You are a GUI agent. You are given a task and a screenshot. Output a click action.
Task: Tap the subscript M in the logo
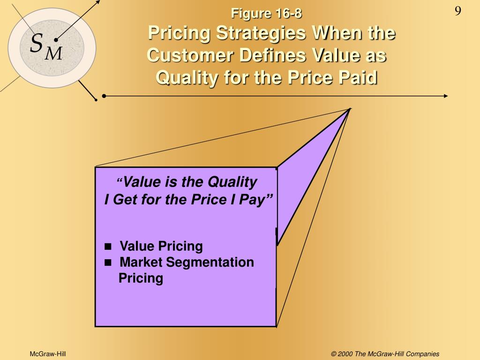click(53, 54)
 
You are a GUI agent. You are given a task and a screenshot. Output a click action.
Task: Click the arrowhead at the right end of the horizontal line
click(445, 96)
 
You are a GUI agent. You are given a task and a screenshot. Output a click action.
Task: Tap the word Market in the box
click(141, 262)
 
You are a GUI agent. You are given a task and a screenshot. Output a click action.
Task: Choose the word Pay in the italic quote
click(260, 200)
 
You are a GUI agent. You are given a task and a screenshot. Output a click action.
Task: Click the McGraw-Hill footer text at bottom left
click(48, 353)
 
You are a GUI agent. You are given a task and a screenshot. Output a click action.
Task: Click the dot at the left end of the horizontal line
click(104, 96)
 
